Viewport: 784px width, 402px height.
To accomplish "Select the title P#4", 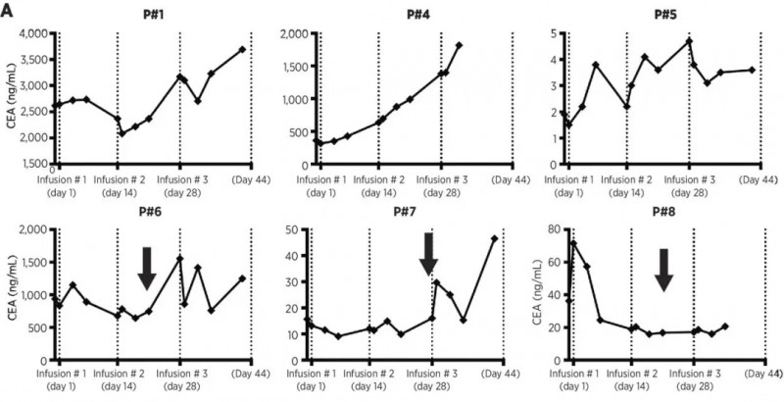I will (x=416, y=16).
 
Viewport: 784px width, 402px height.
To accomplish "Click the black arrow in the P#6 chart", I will (x=147, y=268).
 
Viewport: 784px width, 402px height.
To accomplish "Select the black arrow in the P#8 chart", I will (x=663, y=270).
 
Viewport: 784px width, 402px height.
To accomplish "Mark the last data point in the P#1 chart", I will (x=242, y=49).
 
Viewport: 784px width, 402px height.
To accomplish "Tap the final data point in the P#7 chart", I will (x=495, y=238).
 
